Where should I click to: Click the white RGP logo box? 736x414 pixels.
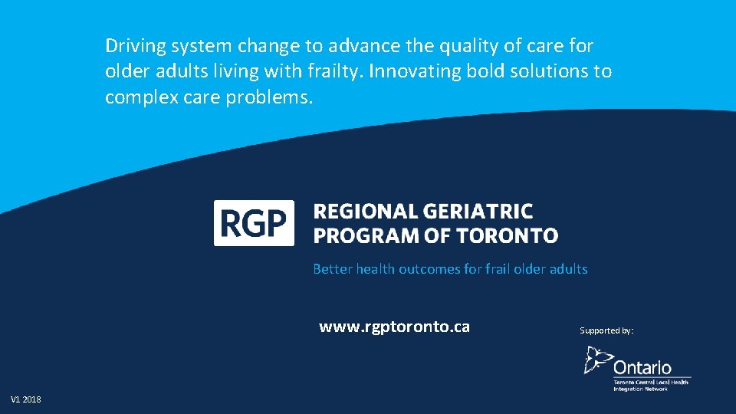pyautogui.click(x=253, y=222)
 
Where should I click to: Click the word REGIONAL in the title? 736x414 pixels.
pyautogui.click(x=365, y=212)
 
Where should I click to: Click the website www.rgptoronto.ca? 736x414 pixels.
pyautogui.click(x=394, y=327)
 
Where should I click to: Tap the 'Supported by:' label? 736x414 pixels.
pyautogui.click(x=606, y=330)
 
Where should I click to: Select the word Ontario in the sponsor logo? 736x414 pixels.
pyautogui.click(x=642, y=368)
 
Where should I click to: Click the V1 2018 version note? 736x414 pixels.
pyautogui.click(x=26, y=399)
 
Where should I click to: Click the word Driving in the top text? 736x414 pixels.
pyautogui.click(x=135, y=47)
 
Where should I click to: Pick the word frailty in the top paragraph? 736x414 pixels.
pyautogui.click(x=336, y=72)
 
